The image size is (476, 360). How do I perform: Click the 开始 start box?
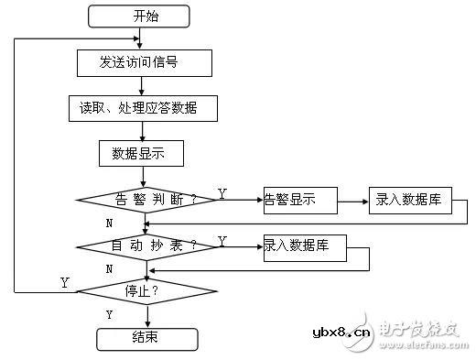click(139, 16)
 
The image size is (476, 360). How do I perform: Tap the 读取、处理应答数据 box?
click(143, 108)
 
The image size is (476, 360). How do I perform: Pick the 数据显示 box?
click(142, 153)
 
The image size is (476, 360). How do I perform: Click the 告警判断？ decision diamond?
click(146, 199)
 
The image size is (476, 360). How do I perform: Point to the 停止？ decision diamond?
click(146, 292)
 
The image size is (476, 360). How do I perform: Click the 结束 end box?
click(146, 337)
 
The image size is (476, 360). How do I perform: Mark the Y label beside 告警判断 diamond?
click(222, 193)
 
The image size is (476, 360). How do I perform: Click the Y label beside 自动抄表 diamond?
click(222, 241)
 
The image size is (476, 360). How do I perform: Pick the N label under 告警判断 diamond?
click(110, 223)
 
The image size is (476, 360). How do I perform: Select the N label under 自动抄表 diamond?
click(110, 269)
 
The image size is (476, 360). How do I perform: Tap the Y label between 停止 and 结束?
click(110, 314)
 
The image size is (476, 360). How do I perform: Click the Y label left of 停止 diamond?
click(64, 283)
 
